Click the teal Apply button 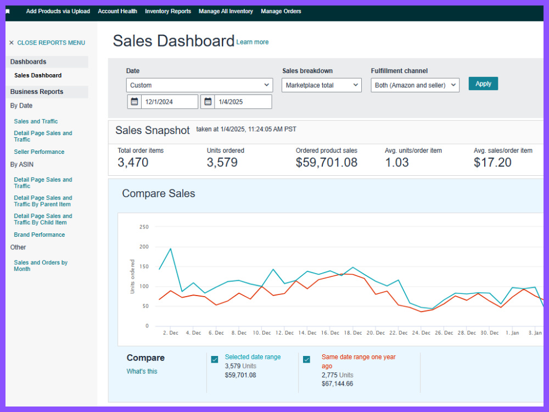point(483,83)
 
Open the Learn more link point(252,42)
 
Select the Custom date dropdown point(200,85)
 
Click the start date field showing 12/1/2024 point(170,102)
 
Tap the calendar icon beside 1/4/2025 point(208,102)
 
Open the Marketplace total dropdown point(321,85)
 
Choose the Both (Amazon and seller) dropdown point(415,85)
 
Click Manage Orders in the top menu point(281,11)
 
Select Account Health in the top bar point(117,11)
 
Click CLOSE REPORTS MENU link point(47,43)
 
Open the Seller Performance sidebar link point(39,152)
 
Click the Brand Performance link point(39,235)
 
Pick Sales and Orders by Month point(41,265)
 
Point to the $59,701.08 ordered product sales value point(326,163)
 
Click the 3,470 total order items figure point(133,163)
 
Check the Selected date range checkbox point(215,359)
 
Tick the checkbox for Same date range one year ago point(306,359)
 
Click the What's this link point(142,371)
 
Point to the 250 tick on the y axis point(144,227)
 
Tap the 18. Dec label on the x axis point(353,333)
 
